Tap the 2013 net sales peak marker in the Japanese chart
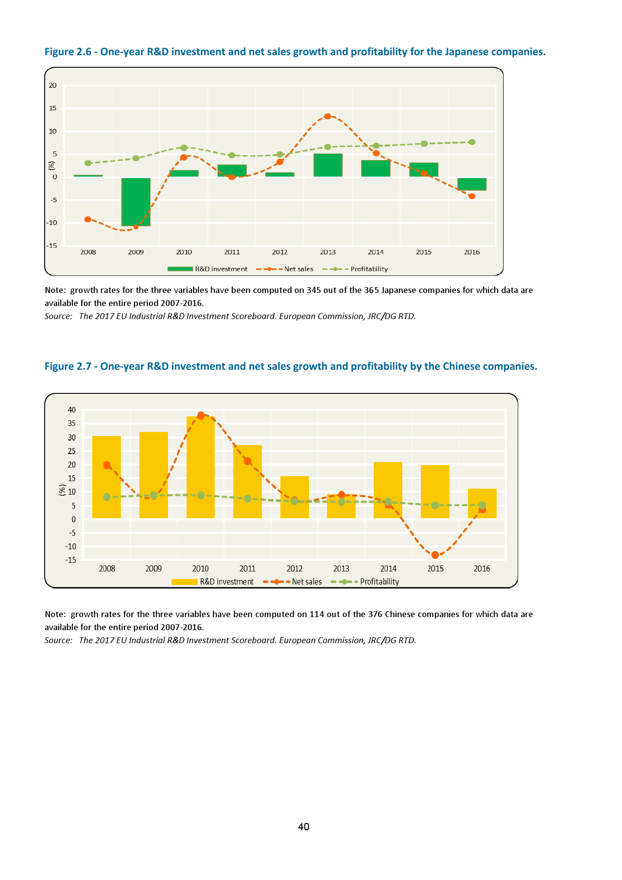coord(328,116)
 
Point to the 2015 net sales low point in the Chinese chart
coord(435,555)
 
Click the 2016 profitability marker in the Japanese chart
coord(472,142)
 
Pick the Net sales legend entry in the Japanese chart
coord(298,269)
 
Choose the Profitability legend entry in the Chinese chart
coord(379,581)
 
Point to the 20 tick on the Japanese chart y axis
coord(53,85)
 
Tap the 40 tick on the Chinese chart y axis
coord(72,410)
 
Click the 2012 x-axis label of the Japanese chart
coord(280,252)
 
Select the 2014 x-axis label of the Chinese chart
coord(388,568)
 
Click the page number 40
coord(303,827)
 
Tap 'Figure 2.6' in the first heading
coord(68,52)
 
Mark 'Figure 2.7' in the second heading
coord(68,366)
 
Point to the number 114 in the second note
coord(317,614)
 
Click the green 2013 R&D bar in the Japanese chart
coord(328,165)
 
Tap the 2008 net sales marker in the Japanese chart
coord(88,219)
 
